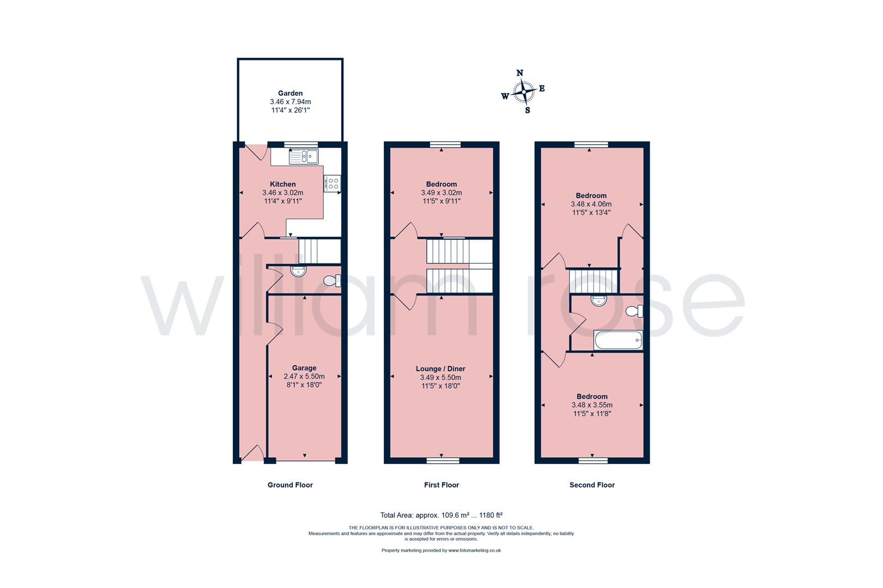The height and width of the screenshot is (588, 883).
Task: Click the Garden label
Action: pos(290,93)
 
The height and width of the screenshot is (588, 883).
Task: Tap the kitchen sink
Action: pos(304,157)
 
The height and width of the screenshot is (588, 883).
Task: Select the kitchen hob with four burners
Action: pos(332,183)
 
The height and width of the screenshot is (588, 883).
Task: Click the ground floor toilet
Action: pos(331,281)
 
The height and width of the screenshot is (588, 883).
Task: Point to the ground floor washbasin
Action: pos(299,271)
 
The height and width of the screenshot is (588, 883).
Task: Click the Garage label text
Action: pos(304,368)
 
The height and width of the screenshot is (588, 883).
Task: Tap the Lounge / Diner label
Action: pos(442,369)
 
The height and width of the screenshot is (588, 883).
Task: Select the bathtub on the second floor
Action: pos(619,341)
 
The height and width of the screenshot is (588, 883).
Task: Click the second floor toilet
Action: pos(634,311)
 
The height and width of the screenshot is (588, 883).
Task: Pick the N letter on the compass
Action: pos(519,73)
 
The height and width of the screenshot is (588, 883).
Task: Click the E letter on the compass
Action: pos(542,88)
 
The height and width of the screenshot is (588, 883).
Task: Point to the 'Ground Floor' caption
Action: pos(290,485)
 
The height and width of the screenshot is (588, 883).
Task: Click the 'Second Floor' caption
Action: pos(592,485)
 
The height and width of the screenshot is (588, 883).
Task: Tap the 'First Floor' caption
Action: pos(441,485)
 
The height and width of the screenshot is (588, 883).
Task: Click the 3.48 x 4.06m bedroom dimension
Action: pos(591,204)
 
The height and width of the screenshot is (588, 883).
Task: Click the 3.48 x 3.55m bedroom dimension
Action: pos(592,405)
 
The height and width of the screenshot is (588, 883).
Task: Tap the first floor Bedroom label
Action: pos(441,184)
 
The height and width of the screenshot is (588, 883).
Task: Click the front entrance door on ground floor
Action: pos(251,454)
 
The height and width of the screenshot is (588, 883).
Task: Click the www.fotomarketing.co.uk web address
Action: pos(474,550)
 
